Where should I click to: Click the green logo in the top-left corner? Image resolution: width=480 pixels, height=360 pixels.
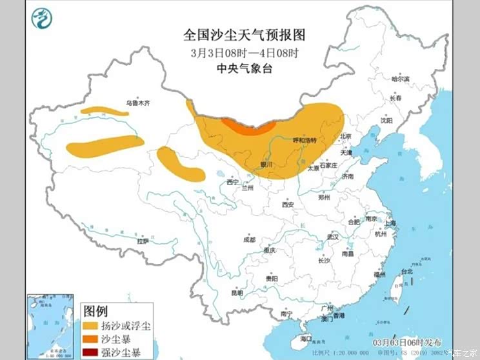pyautogui.click(x=41, y=19)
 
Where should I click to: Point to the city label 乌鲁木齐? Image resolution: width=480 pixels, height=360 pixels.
pyautogui.click(x=138, y=103)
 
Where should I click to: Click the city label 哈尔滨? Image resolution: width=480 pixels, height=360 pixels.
pyautogui.click(x=401, y=79)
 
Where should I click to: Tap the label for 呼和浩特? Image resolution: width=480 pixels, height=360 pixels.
pyautogui.click(x=305, y=140)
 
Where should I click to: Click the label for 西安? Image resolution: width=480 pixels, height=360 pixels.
pyautogui.click(x=288, y=205)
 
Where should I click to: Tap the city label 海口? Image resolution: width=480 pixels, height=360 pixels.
pyautogui.click(x=306, y=338)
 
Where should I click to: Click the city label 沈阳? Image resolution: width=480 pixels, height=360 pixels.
pyautogui.click(x=386, y=120)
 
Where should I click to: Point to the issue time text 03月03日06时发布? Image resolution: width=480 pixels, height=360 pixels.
pyautogui.click(x=408, y=341)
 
